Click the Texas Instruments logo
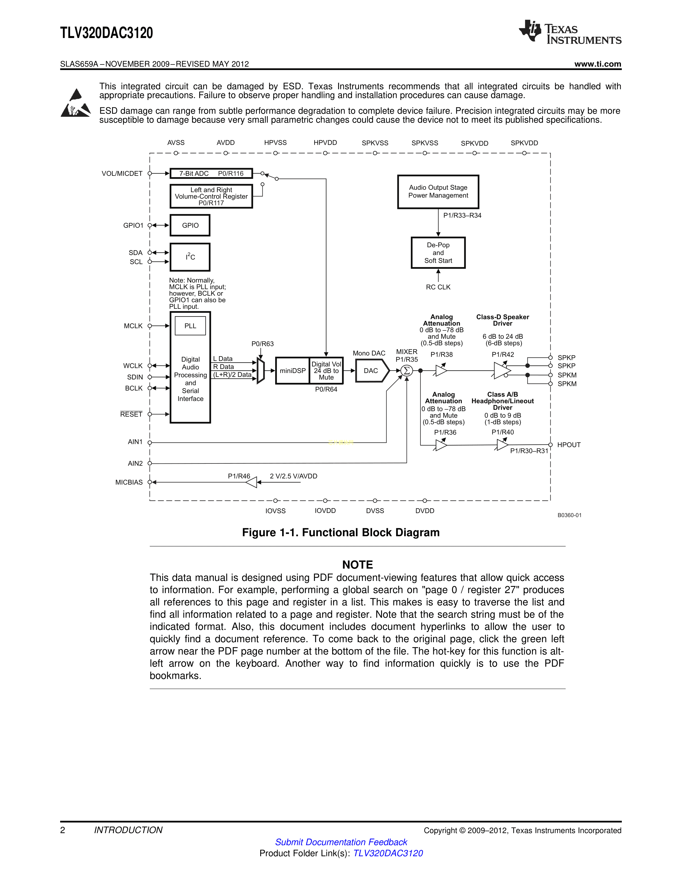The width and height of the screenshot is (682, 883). point(570,32)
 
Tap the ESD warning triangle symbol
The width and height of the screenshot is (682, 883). point(75,104)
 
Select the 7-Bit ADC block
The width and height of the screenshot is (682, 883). point(211,173)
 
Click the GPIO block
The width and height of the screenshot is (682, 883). point(190,225)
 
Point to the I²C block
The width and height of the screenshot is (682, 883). point(190,257)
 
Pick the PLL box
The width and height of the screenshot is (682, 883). point(190,326)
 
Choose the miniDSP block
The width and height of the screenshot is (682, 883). point(293,370)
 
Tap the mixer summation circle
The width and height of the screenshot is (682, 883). point(407,370)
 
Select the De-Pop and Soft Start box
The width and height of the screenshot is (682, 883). point(438,253)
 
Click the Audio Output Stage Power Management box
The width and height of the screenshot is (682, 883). point(438,192)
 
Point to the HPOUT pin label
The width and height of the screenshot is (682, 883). point(569,445)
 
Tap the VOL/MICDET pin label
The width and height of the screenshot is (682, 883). point(122,173)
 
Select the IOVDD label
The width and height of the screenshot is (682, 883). point(325,511)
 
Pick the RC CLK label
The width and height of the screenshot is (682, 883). point(438,287)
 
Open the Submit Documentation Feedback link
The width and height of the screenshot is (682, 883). point(341,842)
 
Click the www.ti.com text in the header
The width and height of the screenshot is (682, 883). point(597,64)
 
